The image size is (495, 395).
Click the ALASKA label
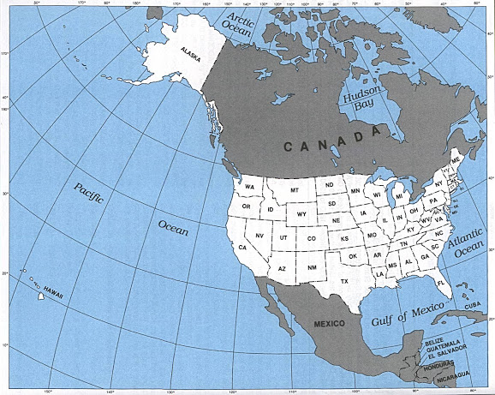[190, 51]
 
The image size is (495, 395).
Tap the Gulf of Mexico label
[409, 314]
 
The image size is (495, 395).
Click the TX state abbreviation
[344, 281]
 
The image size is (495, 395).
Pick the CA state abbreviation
[242, 248]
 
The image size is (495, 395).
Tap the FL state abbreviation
[441, 282]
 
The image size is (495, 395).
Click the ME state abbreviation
[456, 160]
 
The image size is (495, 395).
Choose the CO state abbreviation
[311, 238]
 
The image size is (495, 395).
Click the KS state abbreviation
[344, 239]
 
